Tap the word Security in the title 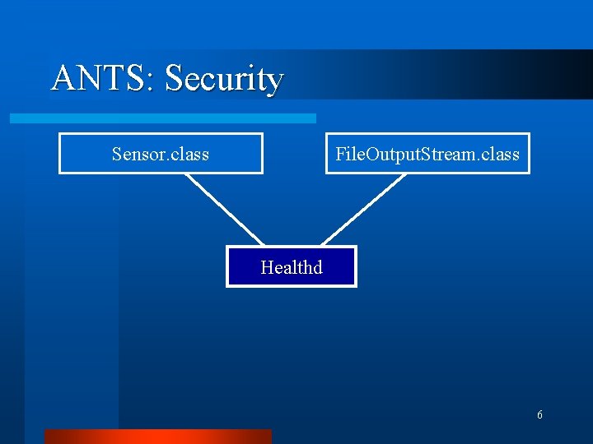224,80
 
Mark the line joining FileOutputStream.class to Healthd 362,209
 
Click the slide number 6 539,415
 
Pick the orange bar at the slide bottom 157,436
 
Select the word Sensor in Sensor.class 136,155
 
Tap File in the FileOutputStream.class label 348,155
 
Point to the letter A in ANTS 63,79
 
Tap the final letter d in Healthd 317,267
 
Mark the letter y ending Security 275,83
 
